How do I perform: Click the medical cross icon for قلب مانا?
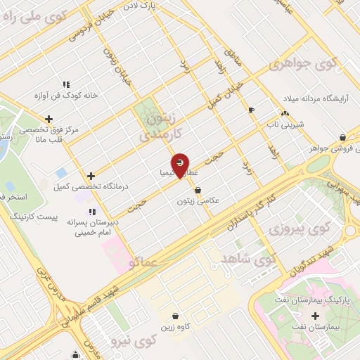[x=48, y=119]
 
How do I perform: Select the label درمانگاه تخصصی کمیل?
[x=86, y=186]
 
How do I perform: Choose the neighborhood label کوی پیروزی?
[x=298, y=229]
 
